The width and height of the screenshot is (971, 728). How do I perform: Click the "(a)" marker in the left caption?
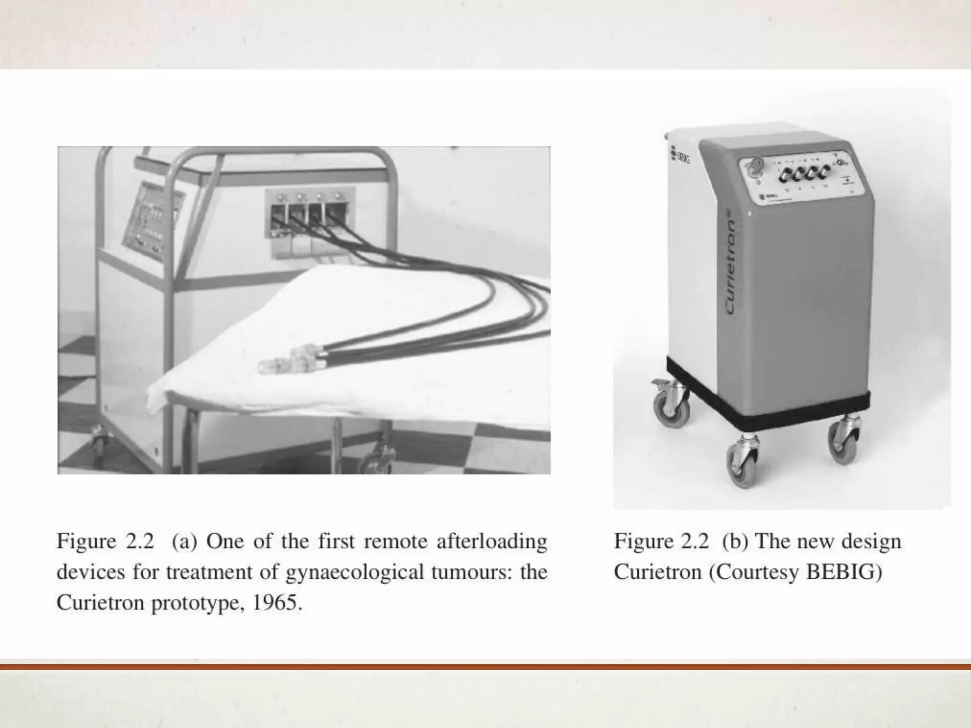click(x=184, y=541)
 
